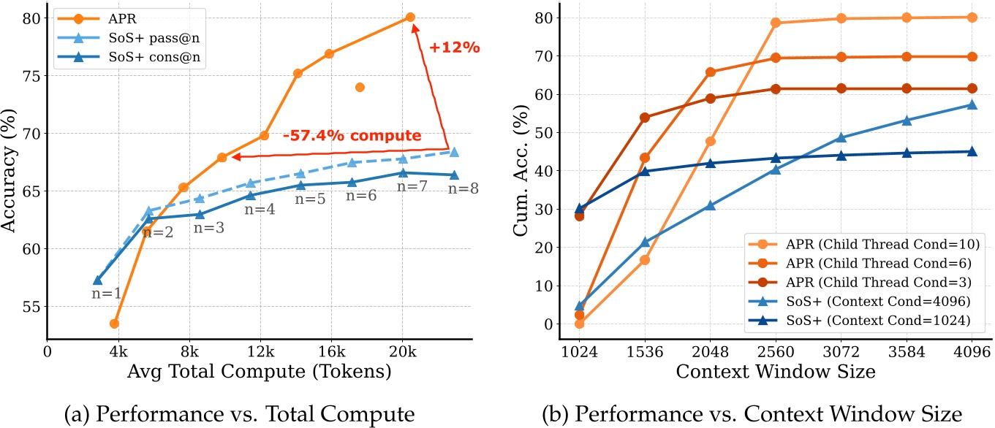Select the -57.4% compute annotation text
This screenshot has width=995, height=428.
pyautogui.click(x=352, y=136)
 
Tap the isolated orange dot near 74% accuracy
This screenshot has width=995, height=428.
pyautogui.click(x=360, y=88)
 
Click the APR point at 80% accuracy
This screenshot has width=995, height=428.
pyautogui.click(x=410, y=17)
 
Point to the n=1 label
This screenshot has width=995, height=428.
pyautogui.click(x=107, y=294)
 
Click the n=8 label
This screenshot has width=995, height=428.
pyautogui.click(x=464, y=188)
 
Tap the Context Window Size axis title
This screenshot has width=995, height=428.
pyautogui.click(x=776, y=372)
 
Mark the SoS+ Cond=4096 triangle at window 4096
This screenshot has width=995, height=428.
pyautogui.click(x=972, y=104)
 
